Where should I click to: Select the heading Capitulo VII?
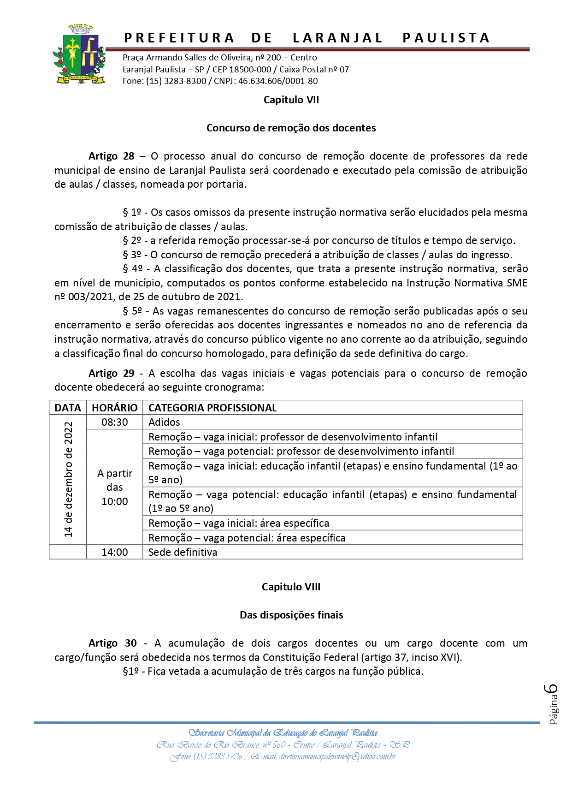click(x=291, y=100)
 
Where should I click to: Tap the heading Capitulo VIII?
click(x=291, y=587)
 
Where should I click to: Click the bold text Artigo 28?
click(x=111, y=156)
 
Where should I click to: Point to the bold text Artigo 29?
click(x=111, y=373)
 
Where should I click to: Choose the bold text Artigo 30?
click(x=112, y=643)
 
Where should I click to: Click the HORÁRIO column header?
click(x=114, y=408)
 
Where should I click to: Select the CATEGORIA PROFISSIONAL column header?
click(x=212, y=408)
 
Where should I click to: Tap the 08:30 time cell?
click(x=114, y=422)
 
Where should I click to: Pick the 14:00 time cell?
click(x=114, y=552)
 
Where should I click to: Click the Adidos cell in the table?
click(x=164, y=422)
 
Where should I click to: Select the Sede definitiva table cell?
click(x=183, y=552)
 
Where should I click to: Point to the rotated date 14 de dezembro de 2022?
click(x=68, y=480)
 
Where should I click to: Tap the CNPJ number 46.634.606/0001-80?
click(x=278, y=81)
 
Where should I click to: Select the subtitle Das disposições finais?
click(x=291, y=615)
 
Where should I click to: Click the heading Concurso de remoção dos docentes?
click(x=291, y=128)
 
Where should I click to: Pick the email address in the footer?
click(x=337, y=756)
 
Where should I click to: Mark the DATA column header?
click(x=67, y=408)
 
